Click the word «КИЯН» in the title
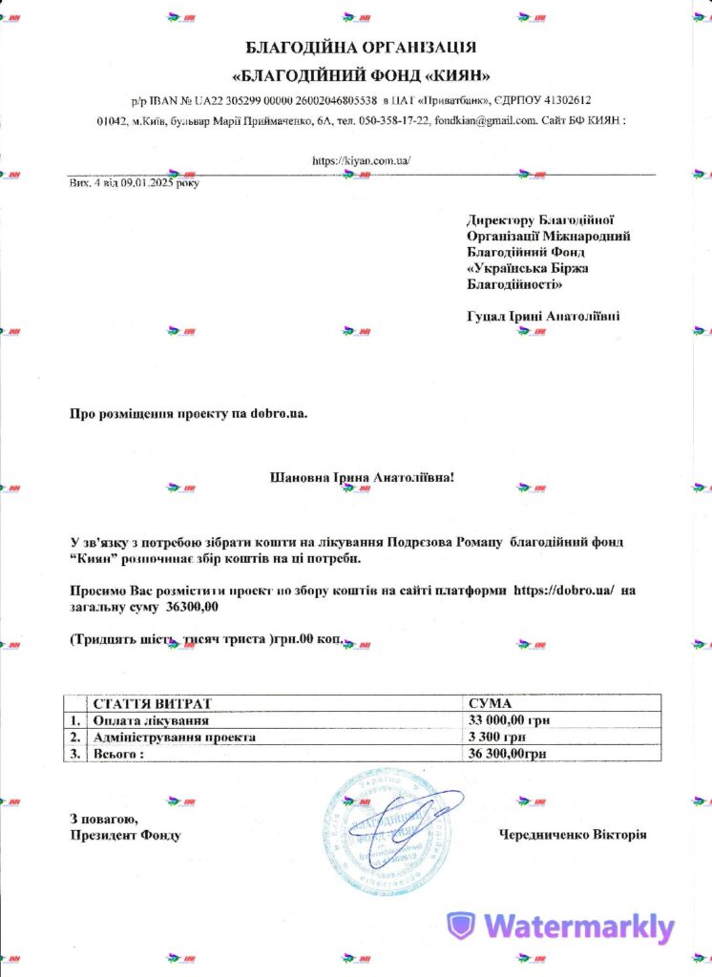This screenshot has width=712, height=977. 457,73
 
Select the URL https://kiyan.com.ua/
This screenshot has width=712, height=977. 361,160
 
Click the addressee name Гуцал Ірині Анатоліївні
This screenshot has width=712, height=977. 543,315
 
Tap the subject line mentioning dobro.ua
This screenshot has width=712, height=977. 189,413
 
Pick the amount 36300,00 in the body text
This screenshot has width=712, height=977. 193,607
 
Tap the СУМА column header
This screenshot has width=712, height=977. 491,702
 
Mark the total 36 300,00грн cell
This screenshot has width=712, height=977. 508,754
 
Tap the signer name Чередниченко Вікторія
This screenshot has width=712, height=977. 573,834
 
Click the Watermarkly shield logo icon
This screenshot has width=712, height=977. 462,925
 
